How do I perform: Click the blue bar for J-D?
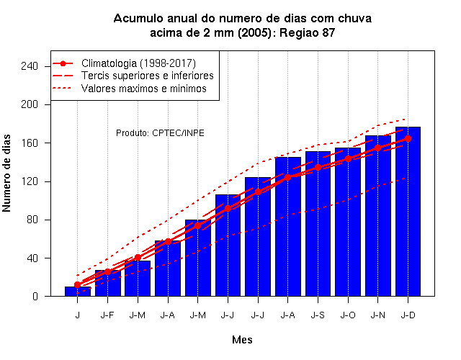tap(408, 212)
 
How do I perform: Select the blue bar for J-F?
tap(107, 283)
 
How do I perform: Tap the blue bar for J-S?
tap(318, 224)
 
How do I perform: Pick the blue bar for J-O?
tap(348, 222)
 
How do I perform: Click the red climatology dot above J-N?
tap(377, 148)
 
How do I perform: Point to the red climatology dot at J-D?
tap(408, 138)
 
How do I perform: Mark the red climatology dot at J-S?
tap(318, 167)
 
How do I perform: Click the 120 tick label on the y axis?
tap(30, 181)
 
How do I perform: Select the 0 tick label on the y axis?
tap(35, 296)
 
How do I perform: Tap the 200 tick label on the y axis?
tap(30, 104)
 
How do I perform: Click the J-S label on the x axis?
tap(318, 315)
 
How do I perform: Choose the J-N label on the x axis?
tap(377, 315)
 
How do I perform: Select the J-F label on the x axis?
tap(107, 315)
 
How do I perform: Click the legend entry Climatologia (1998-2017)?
tap(138, 63)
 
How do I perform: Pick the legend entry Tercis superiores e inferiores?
tap(147, 76)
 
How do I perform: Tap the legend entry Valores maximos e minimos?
tap(144, 89)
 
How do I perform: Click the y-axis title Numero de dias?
tap(6, 173)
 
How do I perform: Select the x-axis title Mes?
tap(242, 340)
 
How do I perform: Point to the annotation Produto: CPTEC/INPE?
tap(160, 133)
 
